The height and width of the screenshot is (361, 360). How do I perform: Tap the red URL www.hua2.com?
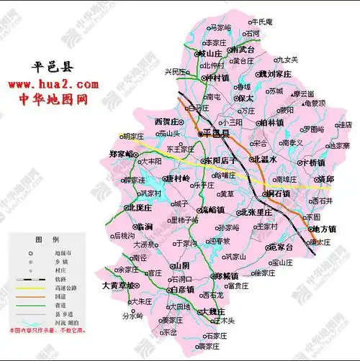click(54, 85)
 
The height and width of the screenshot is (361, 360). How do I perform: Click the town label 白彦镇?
click(183, 289)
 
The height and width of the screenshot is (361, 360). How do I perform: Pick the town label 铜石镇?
click(277, 193)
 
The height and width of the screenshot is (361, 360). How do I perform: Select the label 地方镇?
click(321, 229)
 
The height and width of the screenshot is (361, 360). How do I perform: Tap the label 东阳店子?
click(221, 160)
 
